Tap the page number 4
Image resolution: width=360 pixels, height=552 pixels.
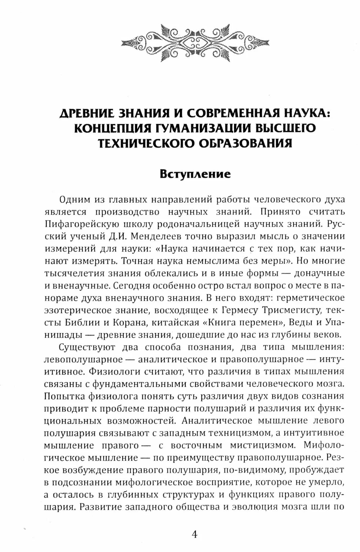pyautogui.click(x=194, y=534)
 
